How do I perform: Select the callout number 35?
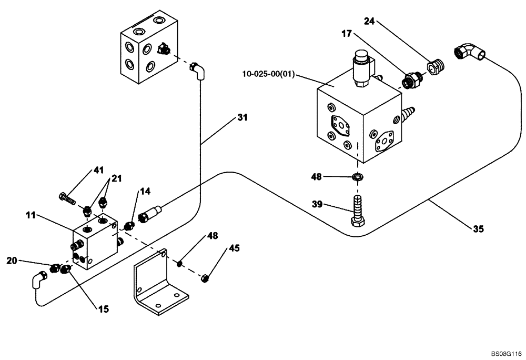pyautogui.click(x=478, y=228)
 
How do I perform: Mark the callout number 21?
pyautogui.click(x=116, y=178)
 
